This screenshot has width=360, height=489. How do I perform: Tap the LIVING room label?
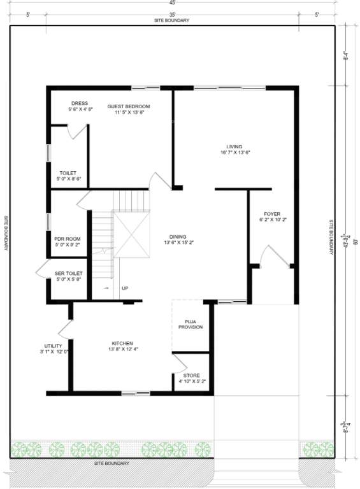(x=234, y=146)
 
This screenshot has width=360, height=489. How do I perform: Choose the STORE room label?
(x=191, y=376)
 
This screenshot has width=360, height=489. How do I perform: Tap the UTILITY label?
(x=53, y=346)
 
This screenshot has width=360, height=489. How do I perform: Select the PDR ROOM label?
(x=68, y=239)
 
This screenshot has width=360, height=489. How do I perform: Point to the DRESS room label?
(x=80, y=103)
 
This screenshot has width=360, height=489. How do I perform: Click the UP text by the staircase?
(x=125, y=288)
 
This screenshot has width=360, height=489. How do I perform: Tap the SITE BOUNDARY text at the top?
(x=172, y=20)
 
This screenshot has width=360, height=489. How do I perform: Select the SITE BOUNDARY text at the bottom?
(x=112, y=463)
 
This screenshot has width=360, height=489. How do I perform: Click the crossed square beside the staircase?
(x=131, y=235)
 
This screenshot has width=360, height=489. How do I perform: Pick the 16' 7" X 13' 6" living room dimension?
(x=234, y=153)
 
